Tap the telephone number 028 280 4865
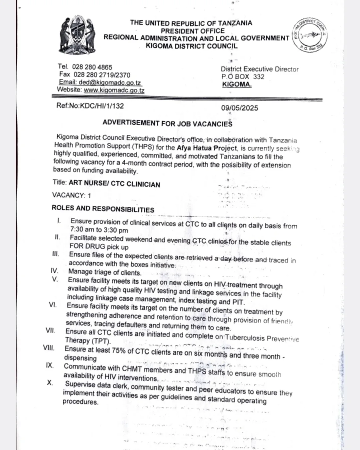click(92, 67)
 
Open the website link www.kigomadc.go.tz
click(114, 90)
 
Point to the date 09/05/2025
click(239, 108)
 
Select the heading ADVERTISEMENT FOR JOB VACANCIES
click(167, 123)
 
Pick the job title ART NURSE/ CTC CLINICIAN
click(114, 184)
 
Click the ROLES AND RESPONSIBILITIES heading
click(103, 209)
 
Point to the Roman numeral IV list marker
click(54, 271)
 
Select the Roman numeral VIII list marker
click(49, 348)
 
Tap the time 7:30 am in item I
click(82, 230)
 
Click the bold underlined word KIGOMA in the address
click(237, 84)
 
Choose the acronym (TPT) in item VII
click(101, 341)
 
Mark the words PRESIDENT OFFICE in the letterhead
click(193, 31)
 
